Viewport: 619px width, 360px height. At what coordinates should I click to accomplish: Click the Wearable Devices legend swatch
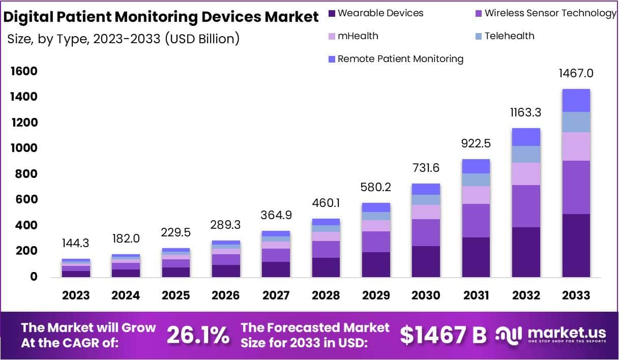pyautogui.click(x=332, y=13)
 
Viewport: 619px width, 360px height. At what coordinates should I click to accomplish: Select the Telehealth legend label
pyautogui.click(x=509, y=36)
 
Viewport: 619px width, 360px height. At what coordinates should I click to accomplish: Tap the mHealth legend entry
pyautogui.click(x=358, y=36)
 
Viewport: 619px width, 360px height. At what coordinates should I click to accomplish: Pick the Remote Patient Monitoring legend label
pyautogui.click(x=400, y=59)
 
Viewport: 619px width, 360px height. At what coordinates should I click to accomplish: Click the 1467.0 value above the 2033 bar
pyautogui.click(x=576, y=73)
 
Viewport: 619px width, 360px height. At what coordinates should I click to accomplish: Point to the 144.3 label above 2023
pyautogui.click(x=76, y=244)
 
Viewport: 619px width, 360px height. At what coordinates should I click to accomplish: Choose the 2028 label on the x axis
pyautogui.click(x=326, y=295)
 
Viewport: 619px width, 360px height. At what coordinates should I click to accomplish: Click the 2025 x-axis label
pyautogui.click(x=176, y=295)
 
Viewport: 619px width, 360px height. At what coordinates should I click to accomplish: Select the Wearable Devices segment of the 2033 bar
pyautogui.click(x=576, y=246)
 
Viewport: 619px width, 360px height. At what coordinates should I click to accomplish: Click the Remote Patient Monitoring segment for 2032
pyautogui.click(x=526, y=137)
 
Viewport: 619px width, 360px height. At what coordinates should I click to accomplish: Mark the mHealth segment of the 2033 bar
pyautogui.click(x=576, y=146)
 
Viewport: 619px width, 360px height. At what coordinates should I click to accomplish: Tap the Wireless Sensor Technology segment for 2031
pyautogui.click(x=476, y=221)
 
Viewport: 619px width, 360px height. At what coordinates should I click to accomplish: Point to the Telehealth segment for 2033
pyautogui.click(x=576, y=122)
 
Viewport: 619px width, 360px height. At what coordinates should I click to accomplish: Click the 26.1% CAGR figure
pyautogui.click(x=198, y=335)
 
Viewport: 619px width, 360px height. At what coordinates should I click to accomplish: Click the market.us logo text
pyautogui.click(x=567, y=333)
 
